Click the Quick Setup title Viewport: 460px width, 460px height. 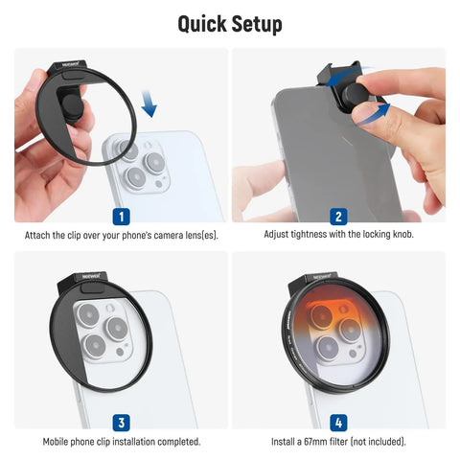click(x=230, y=22)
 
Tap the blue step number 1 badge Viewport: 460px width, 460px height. click(x=121, y=216)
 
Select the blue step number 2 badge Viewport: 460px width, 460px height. click(x=338, y=216)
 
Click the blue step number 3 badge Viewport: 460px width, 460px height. click(x=121, y=421)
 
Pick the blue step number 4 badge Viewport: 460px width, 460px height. click(x=338, y=421)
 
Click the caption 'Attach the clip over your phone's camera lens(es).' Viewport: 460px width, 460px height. click(x=121, y=235)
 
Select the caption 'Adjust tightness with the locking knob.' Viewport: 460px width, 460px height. click(x=338, y=235)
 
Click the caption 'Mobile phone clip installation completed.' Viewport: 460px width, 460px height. click(x=121, y=442)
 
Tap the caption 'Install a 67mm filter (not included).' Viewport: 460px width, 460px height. click(x=338, y=442)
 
